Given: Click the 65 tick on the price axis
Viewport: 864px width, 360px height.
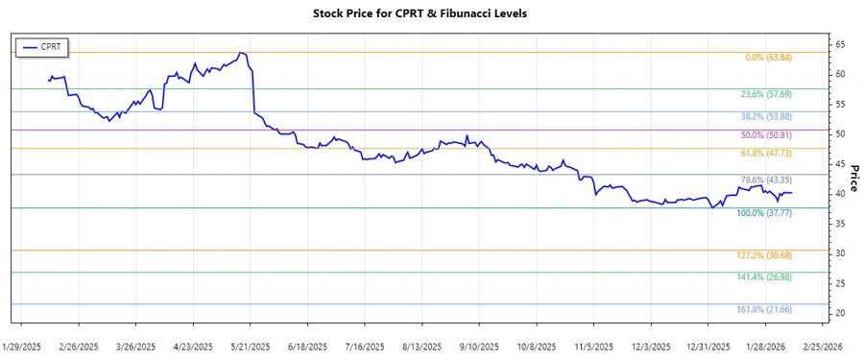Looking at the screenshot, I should (839, 44).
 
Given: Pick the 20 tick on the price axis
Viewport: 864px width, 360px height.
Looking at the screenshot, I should (839, 314).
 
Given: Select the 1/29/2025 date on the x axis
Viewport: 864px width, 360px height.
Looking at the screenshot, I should (22, 346).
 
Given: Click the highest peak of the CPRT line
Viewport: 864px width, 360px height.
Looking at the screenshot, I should (241, 53).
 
